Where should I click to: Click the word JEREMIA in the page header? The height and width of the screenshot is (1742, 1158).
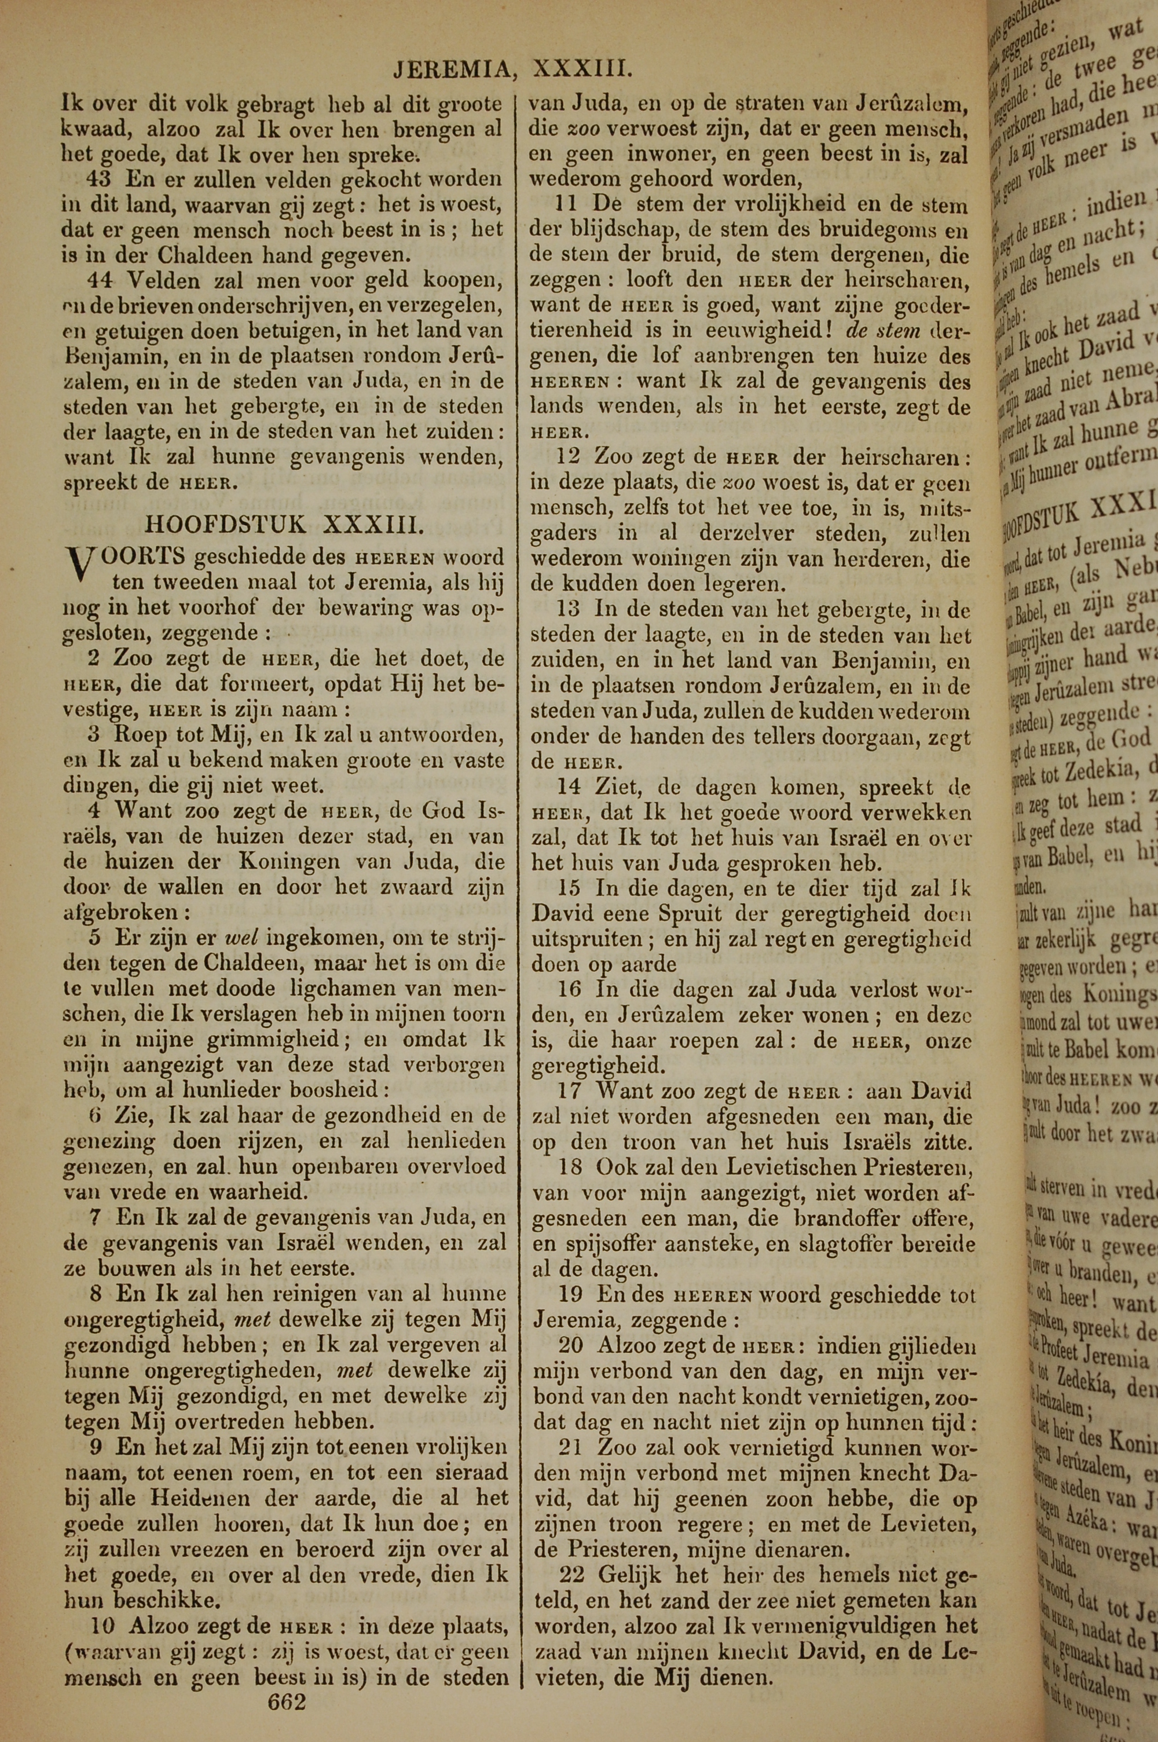point(452,69)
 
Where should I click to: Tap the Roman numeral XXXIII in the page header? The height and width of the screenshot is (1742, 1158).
point(582,69)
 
